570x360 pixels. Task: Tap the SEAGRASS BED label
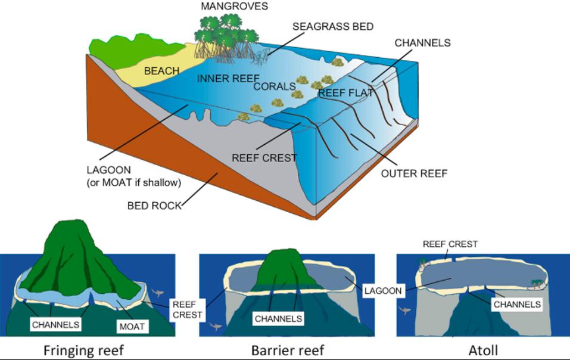coord(333,27)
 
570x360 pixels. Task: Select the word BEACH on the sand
coord(161,72)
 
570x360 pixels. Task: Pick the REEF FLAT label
coord(345,94)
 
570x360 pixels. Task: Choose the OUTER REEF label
coord(414,174)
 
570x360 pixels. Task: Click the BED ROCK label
coord(154,206)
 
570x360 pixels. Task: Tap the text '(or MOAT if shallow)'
coord(134,182)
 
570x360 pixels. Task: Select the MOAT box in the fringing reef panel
coord(130,326)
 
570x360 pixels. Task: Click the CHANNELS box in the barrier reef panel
coord(278,318)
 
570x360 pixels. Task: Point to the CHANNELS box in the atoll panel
coord(517,304)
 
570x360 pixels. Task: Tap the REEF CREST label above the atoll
coord(450,244)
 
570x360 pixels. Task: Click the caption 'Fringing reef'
coord(83,350)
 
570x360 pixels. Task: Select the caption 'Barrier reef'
coord(287,350)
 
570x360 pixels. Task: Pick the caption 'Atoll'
coord(483,350)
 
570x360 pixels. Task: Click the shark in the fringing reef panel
coord(157,291)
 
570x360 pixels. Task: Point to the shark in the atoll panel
coord(406,312)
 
